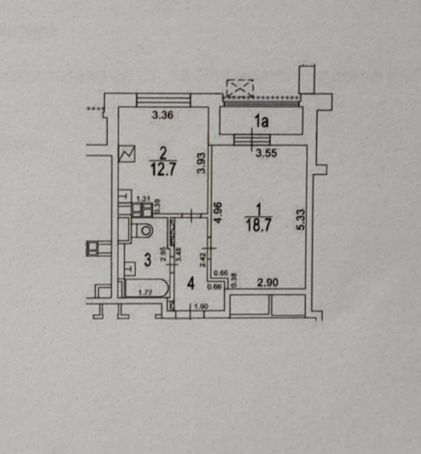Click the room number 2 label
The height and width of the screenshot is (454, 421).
click(x=163, y=154)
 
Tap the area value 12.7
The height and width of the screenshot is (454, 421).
click(x=163, y=170)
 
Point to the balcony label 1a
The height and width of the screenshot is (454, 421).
click(x=261, y=122)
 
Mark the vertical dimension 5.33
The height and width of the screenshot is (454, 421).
click(x=298, y=220)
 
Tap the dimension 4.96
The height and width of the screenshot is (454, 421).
click(x=218, y=212)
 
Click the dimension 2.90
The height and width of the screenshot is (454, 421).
click(x=268, y=283)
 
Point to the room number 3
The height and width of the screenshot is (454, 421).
click(x=147, y=260)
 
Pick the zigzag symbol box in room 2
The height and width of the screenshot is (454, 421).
click(x=127, y=154)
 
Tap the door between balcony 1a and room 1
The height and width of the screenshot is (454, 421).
click(x=252, y=139)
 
